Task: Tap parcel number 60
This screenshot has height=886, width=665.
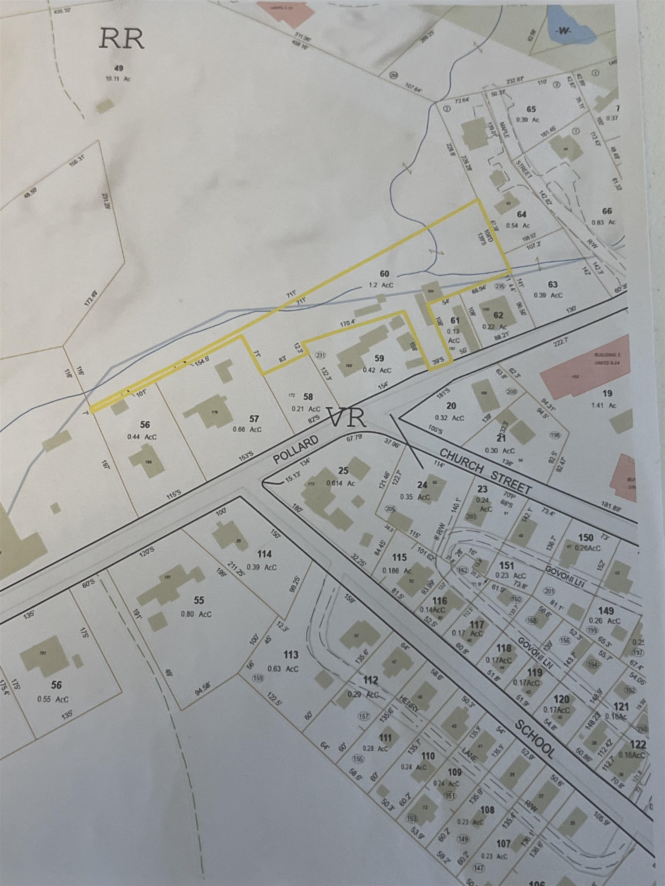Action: pos(384,274)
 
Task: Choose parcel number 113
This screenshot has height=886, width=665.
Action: pos(291,655)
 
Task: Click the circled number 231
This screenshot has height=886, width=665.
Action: pos(320,355)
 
